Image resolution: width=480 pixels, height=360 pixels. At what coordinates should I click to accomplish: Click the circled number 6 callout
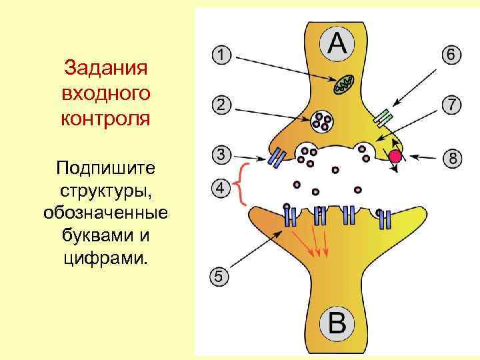pos(451,55)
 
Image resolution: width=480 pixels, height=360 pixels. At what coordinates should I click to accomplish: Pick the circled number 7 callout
pos(451,105)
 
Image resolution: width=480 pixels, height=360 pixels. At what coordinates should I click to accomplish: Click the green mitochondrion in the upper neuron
pos(345,83)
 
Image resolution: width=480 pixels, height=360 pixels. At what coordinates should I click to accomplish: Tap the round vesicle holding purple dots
pos(323,121)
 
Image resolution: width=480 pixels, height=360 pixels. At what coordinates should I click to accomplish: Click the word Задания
pos(105,69)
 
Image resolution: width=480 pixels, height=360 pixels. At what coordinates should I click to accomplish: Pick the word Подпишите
pos(105,165)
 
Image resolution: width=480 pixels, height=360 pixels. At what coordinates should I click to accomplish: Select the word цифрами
pos(105,257)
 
